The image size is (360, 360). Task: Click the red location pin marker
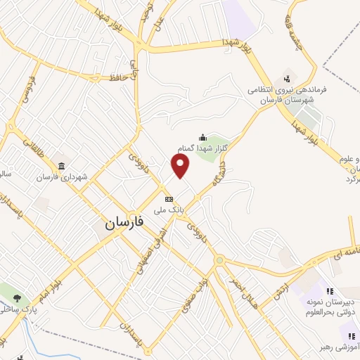(181, 165)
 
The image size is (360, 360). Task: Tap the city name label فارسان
(124, 224)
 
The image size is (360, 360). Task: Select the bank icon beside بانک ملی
(168, 198)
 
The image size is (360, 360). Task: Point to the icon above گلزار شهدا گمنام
(203, 137)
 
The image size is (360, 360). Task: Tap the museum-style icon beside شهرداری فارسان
(62, 166)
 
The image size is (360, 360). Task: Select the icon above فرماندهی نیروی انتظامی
(287, 77)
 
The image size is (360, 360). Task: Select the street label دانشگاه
(231, 161)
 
